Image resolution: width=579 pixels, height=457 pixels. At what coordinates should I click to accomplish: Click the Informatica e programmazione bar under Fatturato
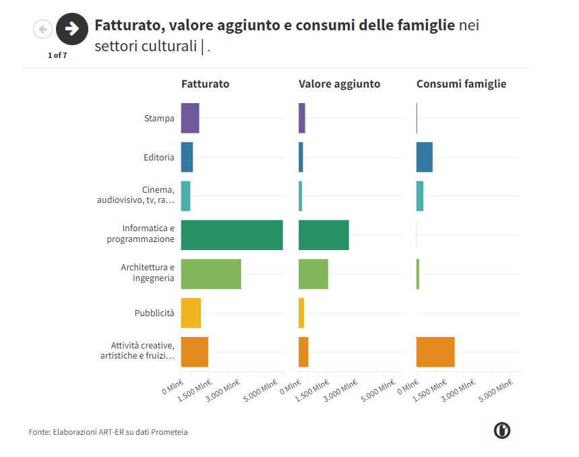(231, 235)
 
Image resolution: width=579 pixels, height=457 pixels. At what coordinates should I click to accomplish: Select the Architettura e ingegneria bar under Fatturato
(210, 274)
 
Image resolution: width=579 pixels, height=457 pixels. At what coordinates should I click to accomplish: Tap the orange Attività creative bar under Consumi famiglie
(435, 352)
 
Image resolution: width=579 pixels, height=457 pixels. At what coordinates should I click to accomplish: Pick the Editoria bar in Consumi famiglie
(424, 157)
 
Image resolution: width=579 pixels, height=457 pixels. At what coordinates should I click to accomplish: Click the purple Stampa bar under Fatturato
(189, 119)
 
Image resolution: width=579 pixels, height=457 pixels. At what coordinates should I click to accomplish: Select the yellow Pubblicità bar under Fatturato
(191, 313)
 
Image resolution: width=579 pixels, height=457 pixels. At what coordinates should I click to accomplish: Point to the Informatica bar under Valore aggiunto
(324, 235)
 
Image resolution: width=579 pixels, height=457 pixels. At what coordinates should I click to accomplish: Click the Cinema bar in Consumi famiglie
(419, 196)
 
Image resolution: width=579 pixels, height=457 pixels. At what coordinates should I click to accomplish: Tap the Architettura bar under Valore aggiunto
(313, 274)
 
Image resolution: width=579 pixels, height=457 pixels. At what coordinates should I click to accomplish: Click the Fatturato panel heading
(205, 84)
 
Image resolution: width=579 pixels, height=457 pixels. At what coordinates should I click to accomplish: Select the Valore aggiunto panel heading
(339, 84)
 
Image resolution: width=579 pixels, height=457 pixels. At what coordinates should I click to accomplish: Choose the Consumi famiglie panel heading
(461, 84)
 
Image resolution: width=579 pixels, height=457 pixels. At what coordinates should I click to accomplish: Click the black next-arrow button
(72, 29)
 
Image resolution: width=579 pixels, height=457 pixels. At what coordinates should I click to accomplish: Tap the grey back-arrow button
(42, 29)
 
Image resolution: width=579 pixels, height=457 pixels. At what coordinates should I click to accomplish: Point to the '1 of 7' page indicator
(57, 55)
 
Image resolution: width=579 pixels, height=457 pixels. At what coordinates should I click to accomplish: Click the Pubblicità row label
(154, 313)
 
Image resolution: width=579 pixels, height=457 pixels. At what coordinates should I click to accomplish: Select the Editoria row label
(159, 158)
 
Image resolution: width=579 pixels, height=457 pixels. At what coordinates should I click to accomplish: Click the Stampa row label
(159, 119)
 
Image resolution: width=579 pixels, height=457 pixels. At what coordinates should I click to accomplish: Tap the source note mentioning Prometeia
(109, 431)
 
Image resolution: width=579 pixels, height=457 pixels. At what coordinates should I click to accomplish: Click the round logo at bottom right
(501, 431)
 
